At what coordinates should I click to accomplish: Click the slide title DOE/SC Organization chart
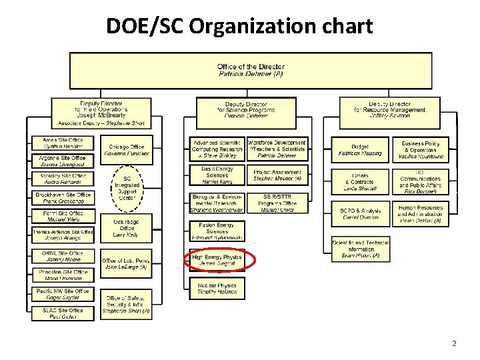point(239,26)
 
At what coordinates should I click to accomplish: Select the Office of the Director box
point(251,70)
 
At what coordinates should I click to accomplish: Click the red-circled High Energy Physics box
point(217,260)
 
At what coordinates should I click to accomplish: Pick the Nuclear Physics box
point(217,287)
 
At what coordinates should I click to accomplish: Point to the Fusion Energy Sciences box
point(217,231)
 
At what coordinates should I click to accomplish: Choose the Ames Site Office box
point(64,143)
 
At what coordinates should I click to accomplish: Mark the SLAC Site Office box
point(64,313)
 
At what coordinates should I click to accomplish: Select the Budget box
point(360,150)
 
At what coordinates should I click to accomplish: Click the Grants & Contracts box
point(360,183)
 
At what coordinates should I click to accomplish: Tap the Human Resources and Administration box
point(421,213)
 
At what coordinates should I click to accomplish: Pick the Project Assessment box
point(277,175)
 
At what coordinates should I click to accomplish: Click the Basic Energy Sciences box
point(217,175)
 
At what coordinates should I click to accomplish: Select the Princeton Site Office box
point(64,275)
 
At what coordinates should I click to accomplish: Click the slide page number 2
point(454,344)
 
